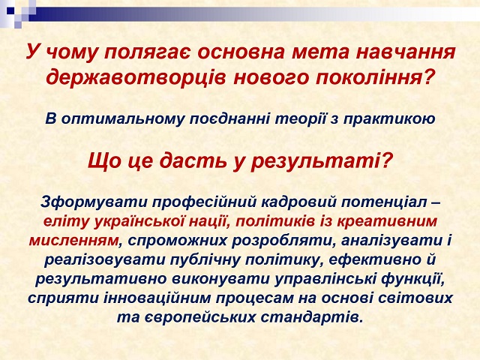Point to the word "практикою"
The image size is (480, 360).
point(389,119)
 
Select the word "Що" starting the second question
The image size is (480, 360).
point(104,161)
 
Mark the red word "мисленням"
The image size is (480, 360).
point(73,241)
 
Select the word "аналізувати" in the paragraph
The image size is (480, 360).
point(389,241)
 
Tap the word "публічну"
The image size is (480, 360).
point(205,260)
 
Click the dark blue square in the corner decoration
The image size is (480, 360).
point(10,10)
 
